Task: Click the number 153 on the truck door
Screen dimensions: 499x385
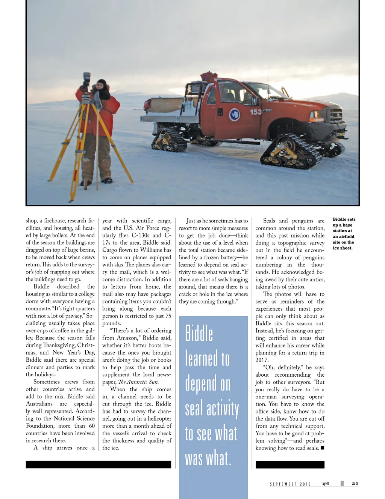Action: pyautogui.click(x=256, y=112)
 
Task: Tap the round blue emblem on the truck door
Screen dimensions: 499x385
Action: pyautogui.click(x=235, y=114)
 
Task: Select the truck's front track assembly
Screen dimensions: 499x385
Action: pyautogui.click(x=291, y=151)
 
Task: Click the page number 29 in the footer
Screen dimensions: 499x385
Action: pyautogui.click(x=355, y=484)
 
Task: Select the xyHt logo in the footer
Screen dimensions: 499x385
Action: pyautogui.click(x=326, y=484)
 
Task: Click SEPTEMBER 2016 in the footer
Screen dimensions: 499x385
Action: pyautogui.click(x=290, y=484)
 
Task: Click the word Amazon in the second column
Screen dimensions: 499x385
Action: pyautogui.click(x=127, y=338)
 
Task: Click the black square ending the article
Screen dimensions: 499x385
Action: pyautogui.click(x=322, y=448)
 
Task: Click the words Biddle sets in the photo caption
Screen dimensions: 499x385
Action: pyautogui.click(x=344, y=219)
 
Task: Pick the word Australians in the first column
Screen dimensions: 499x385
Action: pyautogui.click(x=39, y=404)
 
